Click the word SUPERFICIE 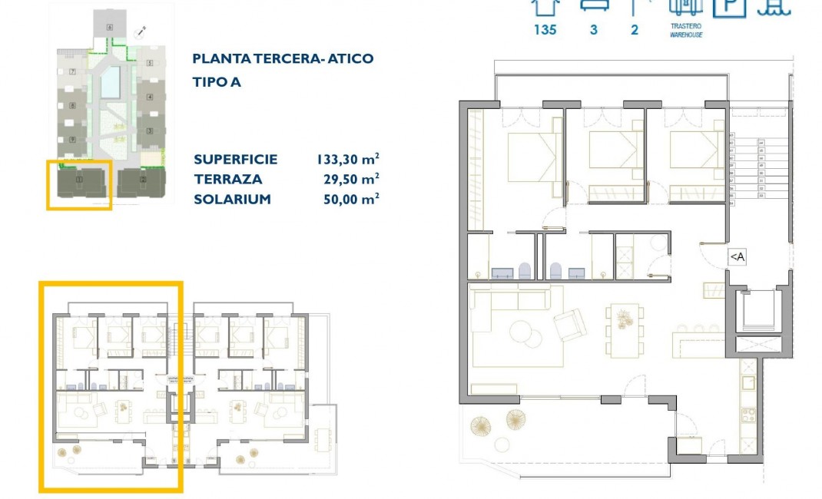(x=235, y=160)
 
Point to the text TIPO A (x=217, y=82)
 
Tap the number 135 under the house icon (x=545, y=31)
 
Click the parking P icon (x=729, y=7)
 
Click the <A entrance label (x=736, y=257)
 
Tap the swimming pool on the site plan (x=111, y=79)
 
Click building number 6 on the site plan (x=111, y=28)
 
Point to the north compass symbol (x=141, y=31)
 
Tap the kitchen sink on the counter (x=747, y=382)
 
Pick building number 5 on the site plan (x=150, y=62)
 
